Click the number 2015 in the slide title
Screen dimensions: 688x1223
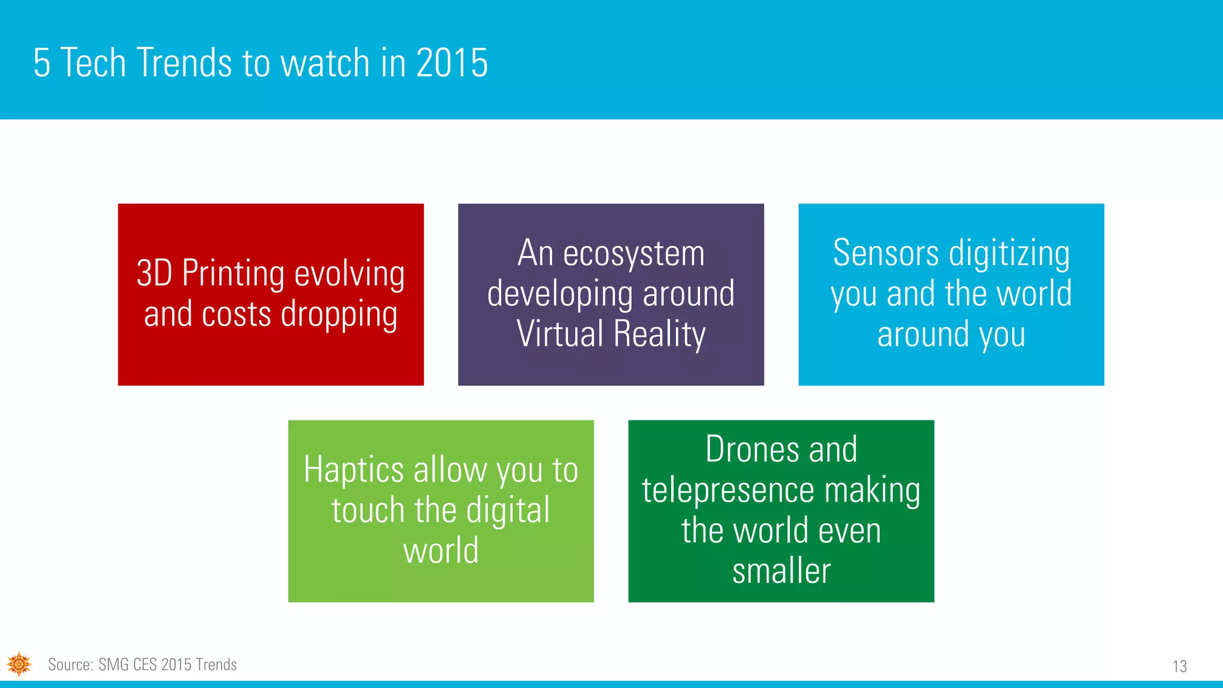click(x=452, y=63)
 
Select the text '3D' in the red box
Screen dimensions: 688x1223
click(x=155, y=274)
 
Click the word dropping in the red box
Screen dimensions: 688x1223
click(x=339, y=315)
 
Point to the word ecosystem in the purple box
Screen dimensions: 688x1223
click(x=634, y=254)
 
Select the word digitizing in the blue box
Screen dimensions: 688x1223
click(x=1009, y=254)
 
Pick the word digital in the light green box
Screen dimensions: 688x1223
click(x=508, y=511)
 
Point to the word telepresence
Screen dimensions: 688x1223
click(x=728, y=491)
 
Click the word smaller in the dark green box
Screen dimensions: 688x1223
click(x=781, y=571)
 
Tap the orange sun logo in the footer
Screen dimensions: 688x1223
click(x=19, y=664)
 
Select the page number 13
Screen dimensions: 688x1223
click(x=1179, y=666)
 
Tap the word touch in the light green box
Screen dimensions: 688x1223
click(x=368, y=511)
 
